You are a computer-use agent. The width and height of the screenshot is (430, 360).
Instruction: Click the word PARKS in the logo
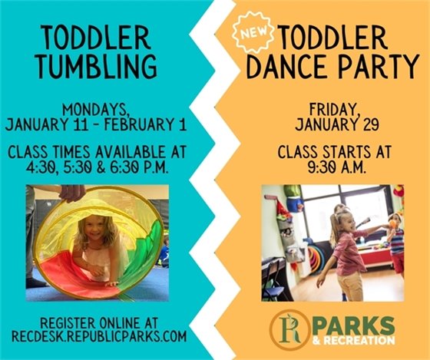(x=351, y=321)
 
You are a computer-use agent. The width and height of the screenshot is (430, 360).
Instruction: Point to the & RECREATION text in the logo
(x=351, y=339)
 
